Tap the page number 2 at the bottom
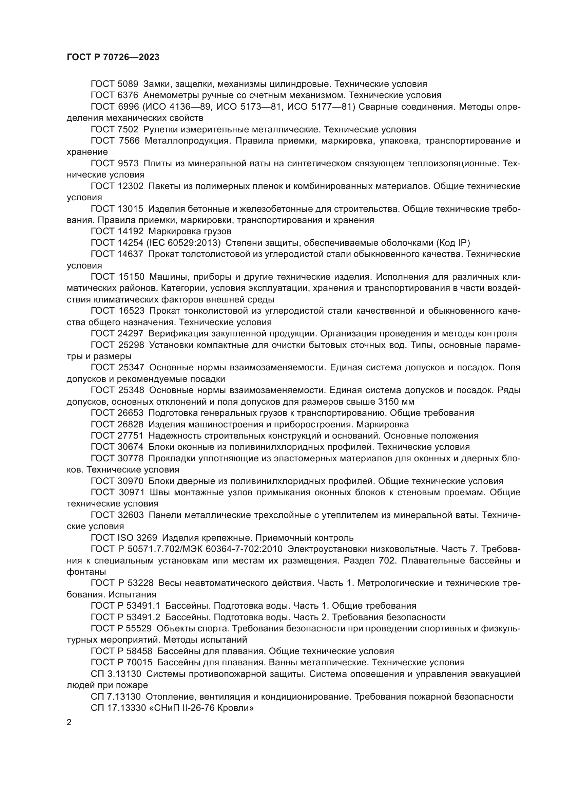point(69,722)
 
